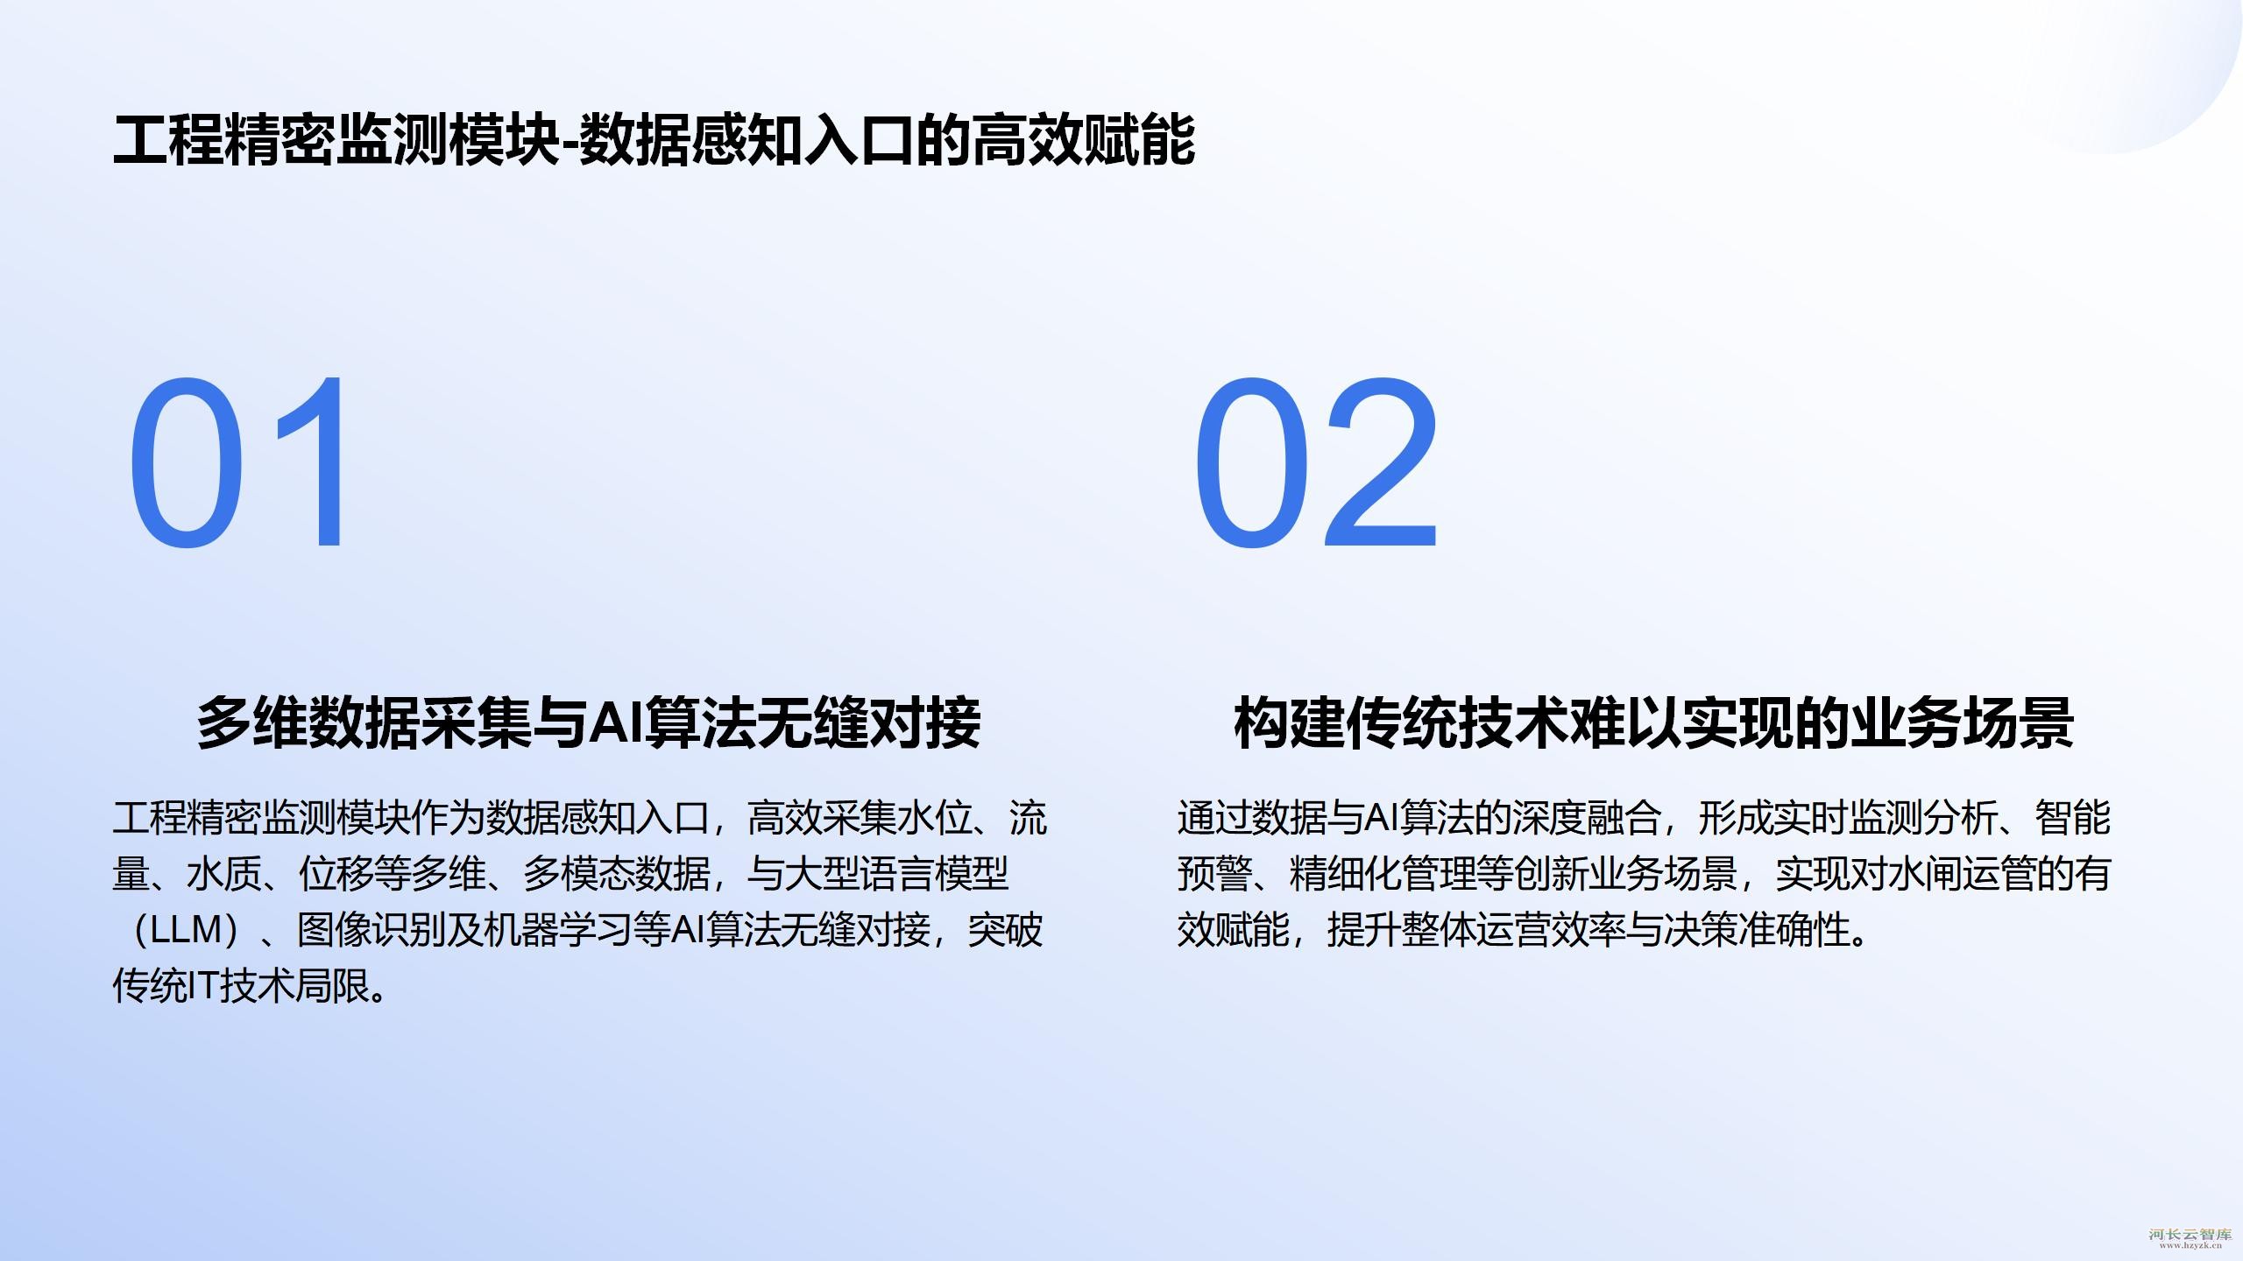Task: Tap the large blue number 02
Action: (x=1316, y=462)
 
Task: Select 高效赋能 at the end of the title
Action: (x=1084, y=140)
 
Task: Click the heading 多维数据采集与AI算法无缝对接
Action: (x=589, y=722)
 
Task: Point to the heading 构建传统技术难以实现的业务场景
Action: (x=1654, y=722)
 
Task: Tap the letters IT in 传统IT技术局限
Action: (x=204, y=986)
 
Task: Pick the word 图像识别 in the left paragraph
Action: (x=371, y=930)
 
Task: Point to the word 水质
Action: (x=223, y=874)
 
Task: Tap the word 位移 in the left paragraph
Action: (x=336, y=874)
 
